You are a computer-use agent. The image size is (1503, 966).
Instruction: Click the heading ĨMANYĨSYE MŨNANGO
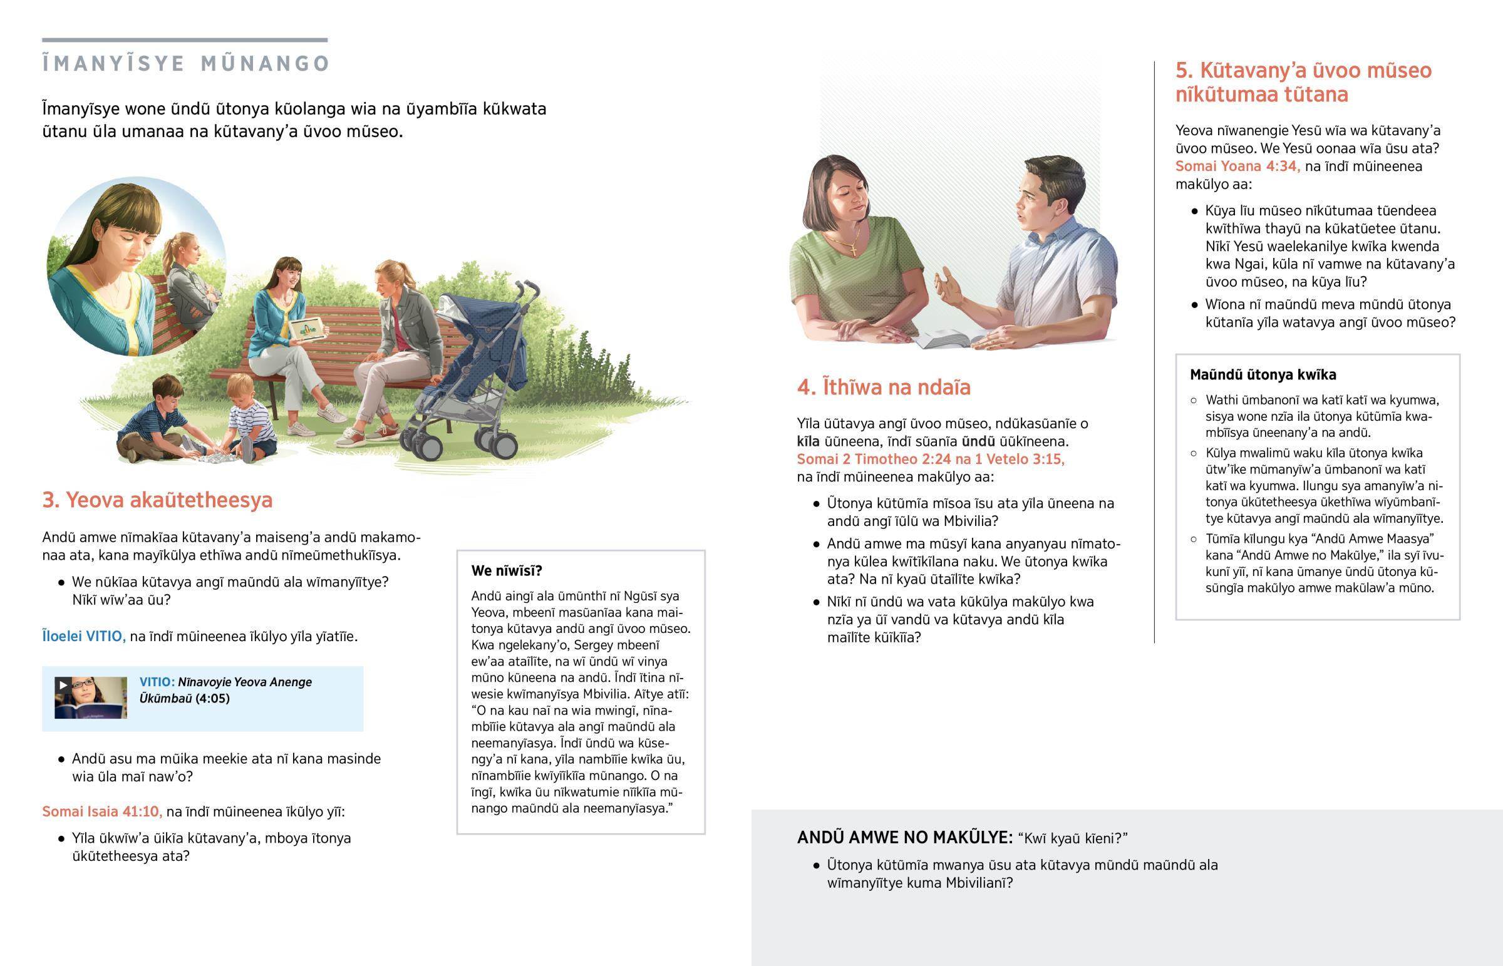click(x=185, y=63)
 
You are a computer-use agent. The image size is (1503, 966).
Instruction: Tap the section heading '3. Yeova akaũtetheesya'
click(x=157, y=500)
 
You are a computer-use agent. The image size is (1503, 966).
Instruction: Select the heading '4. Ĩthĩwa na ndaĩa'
click(x=883, y=387)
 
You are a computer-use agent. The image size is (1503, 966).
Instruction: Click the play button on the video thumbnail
click(x=63, y=685)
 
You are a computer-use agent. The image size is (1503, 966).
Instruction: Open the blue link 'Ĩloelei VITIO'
click(x=83, y=636)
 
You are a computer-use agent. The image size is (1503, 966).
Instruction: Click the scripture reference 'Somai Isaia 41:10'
click(x=101, y=812)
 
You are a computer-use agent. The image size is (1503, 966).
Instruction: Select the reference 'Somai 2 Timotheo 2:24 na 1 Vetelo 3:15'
click(x=930, y=459)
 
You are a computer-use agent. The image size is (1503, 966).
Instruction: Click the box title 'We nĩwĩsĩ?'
click(x=506, y=571)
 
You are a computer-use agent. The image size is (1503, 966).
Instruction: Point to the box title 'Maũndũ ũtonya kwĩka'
click(x=1263, y=375)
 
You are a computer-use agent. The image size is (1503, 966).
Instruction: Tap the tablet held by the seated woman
click(x=307, y=329)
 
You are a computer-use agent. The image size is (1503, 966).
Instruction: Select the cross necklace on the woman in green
click(x=854, y=249)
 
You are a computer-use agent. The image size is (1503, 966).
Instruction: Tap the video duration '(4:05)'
click(x=212, y=699)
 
